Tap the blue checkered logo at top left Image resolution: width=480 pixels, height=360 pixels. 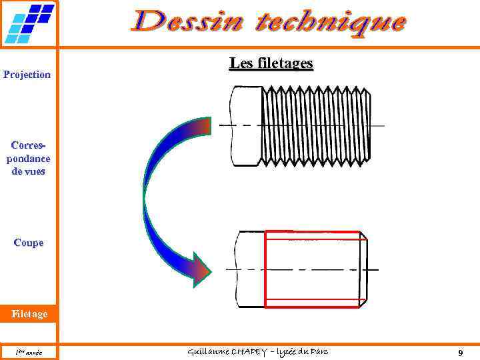[29, 23]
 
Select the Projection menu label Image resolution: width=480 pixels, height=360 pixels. [27, 75]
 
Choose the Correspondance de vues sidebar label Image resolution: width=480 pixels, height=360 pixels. [28, 158]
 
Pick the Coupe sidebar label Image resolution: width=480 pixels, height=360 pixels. [28, 243]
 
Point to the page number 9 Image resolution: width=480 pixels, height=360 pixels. [461, 352]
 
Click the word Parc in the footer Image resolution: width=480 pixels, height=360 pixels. [317, 351]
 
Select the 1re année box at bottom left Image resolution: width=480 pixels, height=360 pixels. [28, 352]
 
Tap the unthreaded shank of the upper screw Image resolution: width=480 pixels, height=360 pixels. [244, 125]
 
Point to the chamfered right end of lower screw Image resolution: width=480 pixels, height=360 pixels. [363, 269]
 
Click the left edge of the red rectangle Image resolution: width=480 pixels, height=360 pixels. [265, 269]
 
